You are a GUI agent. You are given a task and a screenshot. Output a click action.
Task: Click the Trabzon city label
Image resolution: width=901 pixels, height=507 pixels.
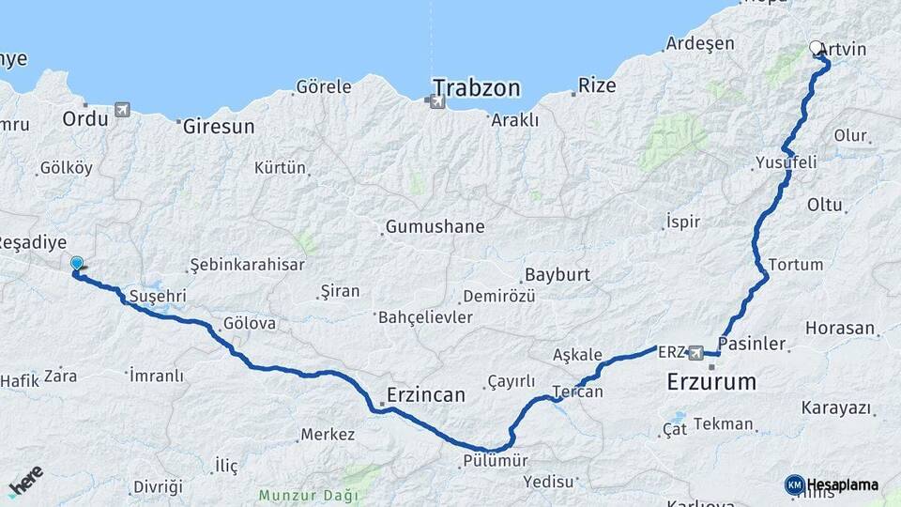476,88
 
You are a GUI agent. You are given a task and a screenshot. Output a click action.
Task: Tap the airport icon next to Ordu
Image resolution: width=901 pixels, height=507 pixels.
122,111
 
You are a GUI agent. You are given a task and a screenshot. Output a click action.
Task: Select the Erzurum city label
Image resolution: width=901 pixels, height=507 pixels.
710,381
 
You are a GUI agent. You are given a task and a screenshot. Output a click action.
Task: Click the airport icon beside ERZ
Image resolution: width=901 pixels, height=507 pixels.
695,353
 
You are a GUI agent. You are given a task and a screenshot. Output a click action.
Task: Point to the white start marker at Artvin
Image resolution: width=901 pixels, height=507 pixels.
816,47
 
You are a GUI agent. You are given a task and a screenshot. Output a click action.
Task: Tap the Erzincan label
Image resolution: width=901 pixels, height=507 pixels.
425,395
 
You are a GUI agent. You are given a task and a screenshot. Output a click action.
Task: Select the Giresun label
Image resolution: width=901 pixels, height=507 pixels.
218,126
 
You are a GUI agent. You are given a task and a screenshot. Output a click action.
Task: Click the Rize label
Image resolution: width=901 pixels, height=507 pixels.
597,85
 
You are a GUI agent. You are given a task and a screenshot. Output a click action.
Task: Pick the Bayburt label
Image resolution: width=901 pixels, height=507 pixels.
557,275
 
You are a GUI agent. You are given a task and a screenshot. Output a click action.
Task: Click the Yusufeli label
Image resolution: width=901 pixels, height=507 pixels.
786,162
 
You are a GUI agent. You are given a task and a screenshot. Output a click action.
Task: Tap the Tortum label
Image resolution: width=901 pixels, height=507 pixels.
795,264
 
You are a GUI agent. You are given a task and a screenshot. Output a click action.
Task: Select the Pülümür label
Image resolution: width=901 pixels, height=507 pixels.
496,461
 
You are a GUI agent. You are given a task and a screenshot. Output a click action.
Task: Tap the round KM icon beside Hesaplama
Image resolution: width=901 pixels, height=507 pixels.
794,484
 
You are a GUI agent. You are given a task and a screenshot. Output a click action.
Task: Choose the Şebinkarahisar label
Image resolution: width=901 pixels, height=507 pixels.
247,265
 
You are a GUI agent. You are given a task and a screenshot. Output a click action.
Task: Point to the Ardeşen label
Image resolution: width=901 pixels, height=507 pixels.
700,43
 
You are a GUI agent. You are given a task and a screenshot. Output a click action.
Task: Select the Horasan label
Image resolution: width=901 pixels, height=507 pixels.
839,330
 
